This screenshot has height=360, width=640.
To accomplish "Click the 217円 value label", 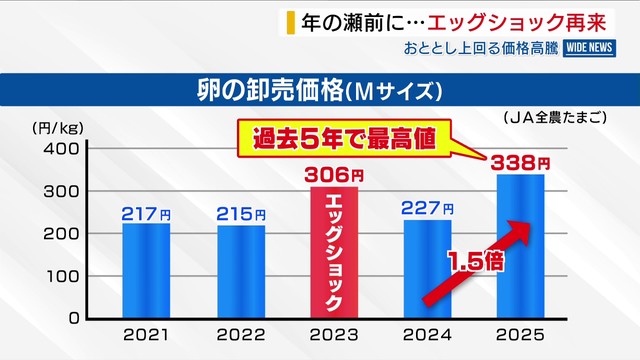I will click(x=146, y=213).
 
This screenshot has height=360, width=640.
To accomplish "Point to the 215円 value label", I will click(x=241, y=214).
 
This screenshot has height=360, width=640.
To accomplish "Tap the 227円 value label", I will click(x=427, y=209).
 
